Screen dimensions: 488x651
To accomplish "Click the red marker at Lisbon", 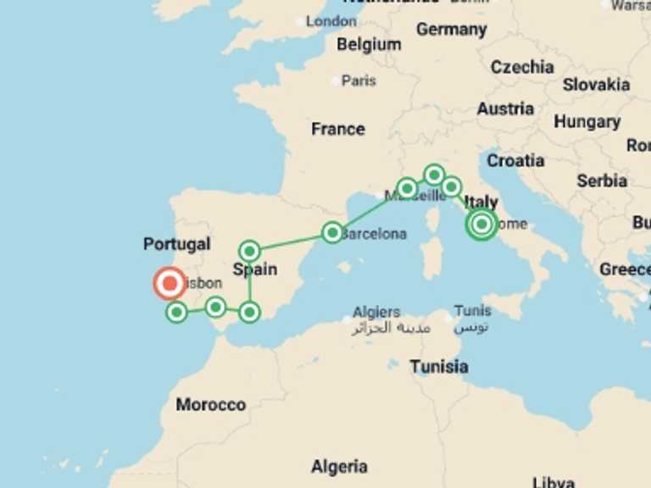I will [170, 284].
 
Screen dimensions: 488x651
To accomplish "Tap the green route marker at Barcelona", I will [332, 232].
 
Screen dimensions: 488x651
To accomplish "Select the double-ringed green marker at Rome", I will [481, 225].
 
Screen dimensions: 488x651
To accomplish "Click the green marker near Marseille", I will [407, 188].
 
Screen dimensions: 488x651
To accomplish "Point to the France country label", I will [337, 130].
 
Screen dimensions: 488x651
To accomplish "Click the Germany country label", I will [451, 30].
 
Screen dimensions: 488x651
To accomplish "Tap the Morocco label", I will [210, 405].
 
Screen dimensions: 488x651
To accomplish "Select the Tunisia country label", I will [439, 367].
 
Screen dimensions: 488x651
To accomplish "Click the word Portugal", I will [176, 244].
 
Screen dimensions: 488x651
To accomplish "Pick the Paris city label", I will [359, 81].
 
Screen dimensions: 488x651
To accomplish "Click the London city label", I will [331, 21].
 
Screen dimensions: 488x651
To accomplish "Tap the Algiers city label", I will [376, 312].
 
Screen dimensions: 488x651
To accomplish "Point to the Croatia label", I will [515, 160].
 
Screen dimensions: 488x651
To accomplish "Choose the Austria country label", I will [505, 108].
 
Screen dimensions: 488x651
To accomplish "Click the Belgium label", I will [369, 45].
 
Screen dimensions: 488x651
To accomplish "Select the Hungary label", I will [587, 122].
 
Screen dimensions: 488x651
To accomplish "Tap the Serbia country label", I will [602, 180].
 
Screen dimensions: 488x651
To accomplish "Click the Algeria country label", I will [339, 467].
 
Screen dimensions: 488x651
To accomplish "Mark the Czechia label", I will [522, 67].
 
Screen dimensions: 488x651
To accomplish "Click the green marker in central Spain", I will [249, 251].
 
